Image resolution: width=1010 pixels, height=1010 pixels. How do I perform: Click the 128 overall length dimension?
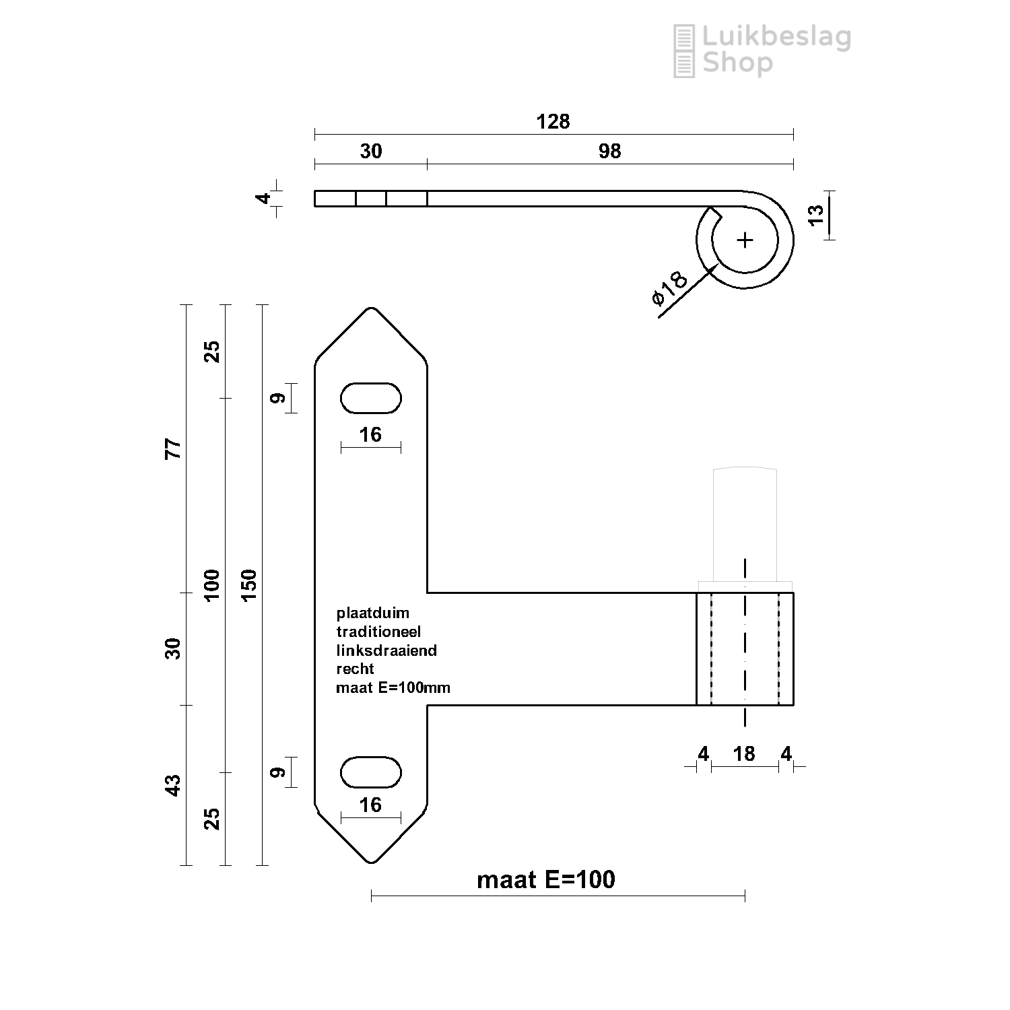(553, 122)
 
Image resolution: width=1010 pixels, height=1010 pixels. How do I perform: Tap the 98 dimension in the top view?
(609, 151)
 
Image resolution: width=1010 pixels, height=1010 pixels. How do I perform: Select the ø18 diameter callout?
(671, 288)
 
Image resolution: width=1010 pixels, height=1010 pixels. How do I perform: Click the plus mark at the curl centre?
(745, 240)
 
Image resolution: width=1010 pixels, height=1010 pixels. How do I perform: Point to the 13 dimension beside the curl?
(815, 214)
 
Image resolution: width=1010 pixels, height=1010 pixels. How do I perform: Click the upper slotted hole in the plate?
(371, 398)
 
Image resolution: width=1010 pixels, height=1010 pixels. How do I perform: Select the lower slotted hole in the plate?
(371, 772)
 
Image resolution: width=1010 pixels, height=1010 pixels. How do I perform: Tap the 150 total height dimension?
(248, 586)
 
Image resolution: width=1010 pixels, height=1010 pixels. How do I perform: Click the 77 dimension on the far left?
(174, 448)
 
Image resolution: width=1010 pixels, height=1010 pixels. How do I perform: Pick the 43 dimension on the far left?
(174, 786)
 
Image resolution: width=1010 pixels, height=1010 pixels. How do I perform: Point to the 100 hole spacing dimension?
(211, 586)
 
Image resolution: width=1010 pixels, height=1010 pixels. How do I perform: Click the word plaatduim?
(373, 614)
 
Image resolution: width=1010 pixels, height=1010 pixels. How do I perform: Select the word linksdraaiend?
(386, 650)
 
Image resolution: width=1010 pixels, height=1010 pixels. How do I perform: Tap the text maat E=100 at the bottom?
(546, 880)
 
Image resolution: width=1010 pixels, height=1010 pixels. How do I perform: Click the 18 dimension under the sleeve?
(744, 753)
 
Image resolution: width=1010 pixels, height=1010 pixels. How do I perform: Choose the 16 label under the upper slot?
(370, 435)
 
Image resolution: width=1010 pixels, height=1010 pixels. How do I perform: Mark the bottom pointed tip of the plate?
(371, 862)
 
